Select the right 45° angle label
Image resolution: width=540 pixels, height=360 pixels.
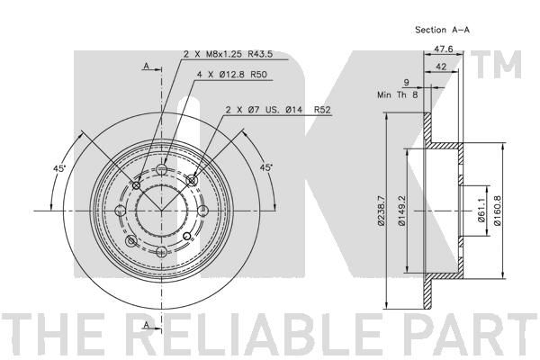pos(266,166)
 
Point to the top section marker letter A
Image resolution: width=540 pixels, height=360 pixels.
pos(145,66)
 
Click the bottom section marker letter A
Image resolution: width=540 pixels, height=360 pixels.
pos(145,323)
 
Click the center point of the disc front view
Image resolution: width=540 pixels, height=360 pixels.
pos(162,210)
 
